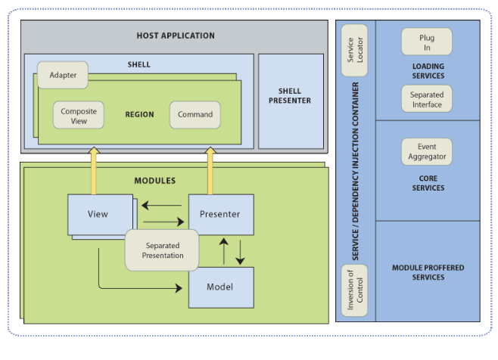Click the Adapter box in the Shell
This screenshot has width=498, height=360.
64,76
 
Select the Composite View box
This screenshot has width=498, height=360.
78,115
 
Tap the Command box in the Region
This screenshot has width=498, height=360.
195,115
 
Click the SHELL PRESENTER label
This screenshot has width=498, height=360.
290,96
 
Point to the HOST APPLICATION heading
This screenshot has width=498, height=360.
176,36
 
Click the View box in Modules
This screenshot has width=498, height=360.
98,214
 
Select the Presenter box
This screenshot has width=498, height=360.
219,214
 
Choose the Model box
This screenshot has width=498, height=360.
219,287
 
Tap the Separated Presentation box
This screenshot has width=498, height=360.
163,250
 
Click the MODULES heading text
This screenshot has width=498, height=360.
154,181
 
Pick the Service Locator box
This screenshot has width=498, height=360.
354,51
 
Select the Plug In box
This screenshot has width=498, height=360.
427,42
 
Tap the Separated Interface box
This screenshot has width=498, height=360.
427,99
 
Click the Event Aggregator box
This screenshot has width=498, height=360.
427,151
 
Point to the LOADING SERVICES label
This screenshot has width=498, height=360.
428,71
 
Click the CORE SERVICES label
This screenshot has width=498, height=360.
428,182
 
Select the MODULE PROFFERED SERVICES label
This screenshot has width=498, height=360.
428,272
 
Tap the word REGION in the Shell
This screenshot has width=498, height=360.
139,115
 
